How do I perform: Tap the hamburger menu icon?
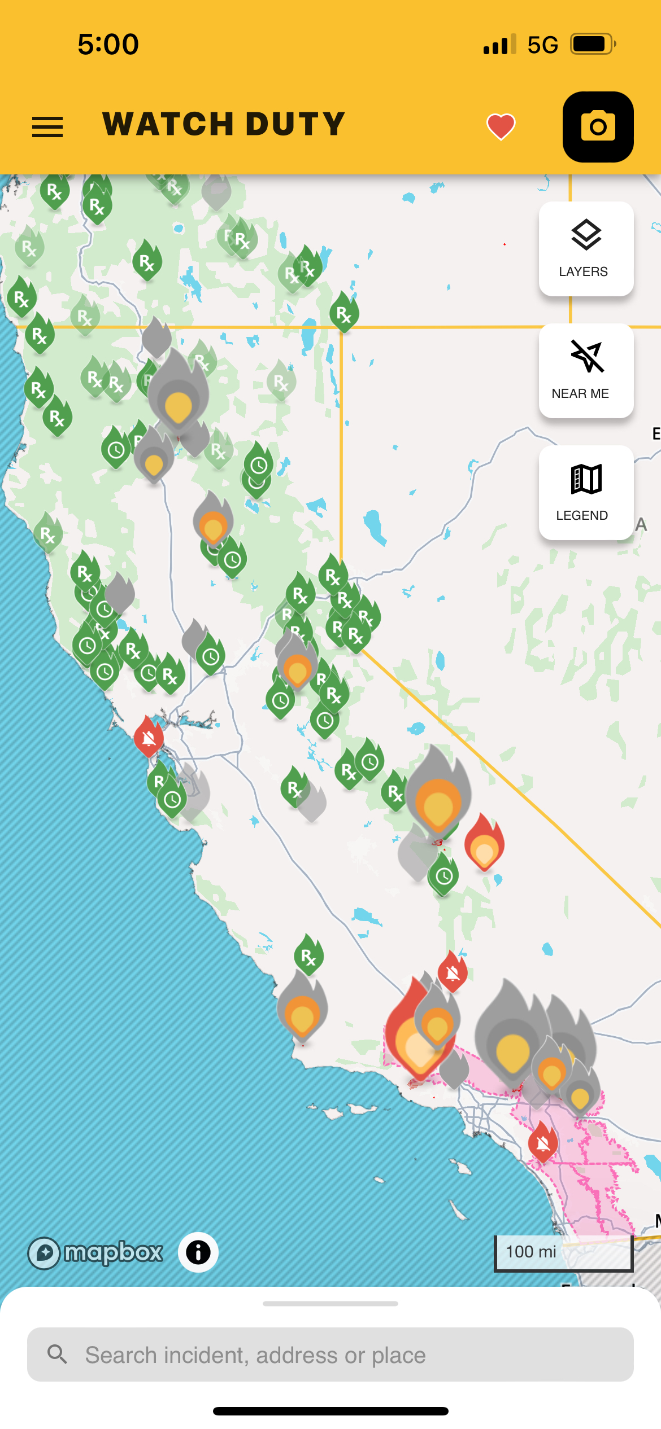47,127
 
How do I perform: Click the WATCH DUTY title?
224,124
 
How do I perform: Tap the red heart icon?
501,126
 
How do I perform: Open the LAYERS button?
586,249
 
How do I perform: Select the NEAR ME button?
586,371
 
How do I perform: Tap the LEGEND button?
586,493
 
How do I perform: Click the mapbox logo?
96,1253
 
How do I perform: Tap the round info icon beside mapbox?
198,1253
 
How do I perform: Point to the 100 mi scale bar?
563,1253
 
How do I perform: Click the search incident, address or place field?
330,1355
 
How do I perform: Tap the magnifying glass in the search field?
57,1354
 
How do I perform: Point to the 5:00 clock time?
108,44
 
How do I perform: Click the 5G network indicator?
542,45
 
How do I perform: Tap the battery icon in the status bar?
592,44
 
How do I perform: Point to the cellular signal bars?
499,45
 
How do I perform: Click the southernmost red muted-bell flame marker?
543,1142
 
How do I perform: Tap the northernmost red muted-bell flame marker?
149,737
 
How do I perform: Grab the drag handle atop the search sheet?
330,1304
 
